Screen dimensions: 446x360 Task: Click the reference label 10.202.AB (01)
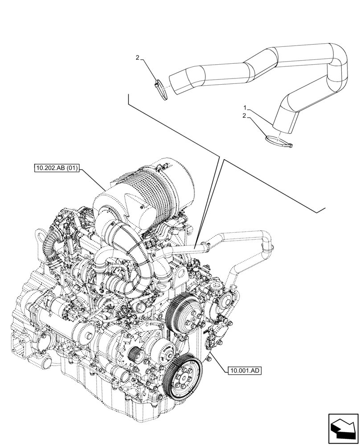[56, 169]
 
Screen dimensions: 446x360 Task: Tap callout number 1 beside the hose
[245, 108]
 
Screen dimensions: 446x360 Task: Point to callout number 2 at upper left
[138, 58]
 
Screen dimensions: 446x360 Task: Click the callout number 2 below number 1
[245, 116]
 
